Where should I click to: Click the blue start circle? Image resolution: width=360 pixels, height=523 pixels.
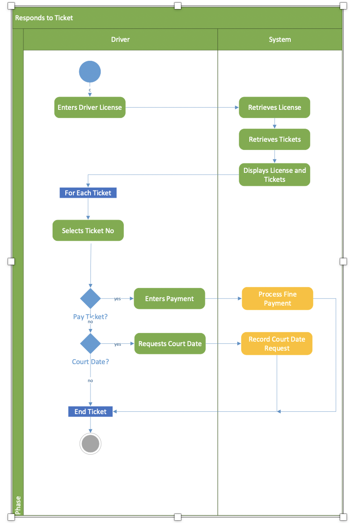(x=90, y=72)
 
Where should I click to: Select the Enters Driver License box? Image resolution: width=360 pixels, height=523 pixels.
(x=90, y=108)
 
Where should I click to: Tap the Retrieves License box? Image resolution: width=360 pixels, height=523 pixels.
(x=274, y=108)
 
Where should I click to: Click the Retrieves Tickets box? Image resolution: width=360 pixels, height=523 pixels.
(x=274, y=140)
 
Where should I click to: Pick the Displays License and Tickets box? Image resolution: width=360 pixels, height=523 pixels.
(x=274, y=175)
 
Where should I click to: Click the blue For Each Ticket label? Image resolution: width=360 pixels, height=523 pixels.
(x=88, y=193)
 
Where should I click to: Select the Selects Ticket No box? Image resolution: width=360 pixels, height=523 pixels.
(x=88, y=230)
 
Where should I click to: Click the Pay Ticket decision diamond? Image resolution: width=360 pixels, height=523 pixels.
(x=90, y=298)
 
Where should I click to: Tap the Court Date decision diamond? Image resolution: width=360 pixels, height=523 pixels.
(x=90, y=343)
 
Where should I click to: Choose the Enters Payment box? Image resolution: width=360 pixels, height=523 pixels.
(x=169, y=298)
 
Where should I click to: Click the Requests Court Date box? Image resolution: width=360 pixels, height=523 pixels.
(x=170, y=343)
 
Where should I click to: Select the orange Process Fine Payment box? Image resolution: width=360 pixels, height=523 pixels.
(x=277, y=298)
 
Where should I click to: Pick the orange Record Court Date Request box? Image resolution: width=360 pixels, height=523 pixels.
(x=277, y=343)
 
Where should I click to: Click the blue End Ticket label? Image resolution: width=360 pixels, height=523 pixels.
(x=90, y=411)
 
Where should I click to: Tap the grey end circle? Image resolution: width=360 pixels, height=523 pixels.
(x=90, y=444)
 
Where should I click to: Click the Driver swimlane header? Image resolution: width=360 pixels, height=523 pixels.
(x=120, y=40)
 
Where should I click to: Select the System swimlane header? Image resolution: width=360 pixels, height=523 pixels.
(x=280, y=40)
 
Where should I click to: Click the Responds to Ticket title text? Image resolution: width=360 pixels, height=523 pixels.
(x=44, y=18)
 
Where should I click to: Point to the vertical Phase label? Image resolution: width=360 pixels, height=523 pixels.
(x=18, y=505)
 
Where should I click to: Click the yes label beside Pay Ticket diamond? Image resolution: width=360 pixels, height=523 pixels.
(x=117, y=299)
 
